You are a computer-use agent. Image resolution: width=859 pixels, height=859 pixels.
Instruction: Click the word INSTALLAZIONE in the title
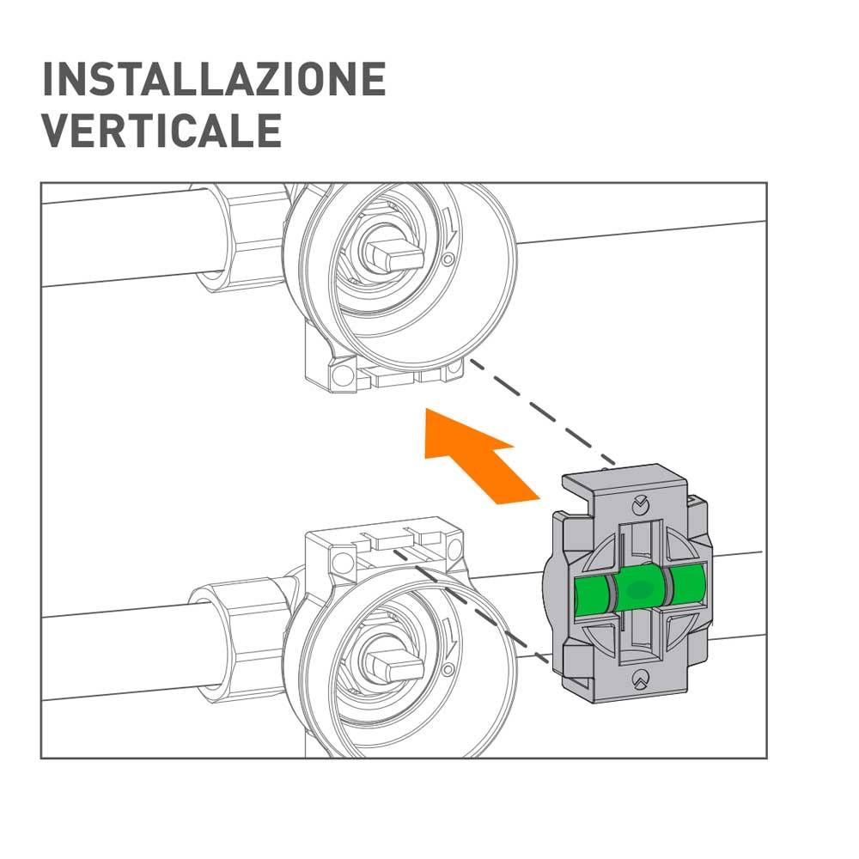point(214,79)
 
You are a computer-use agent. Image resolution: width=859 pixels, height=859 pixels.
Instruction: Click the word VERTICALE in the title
point(162,131)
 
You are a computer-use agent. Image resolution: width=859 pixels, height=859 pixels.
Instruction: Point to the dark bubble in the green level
point(639,589)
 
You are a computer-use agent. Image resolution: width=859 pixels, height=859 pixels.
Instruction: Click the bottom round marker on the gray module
point(640,679)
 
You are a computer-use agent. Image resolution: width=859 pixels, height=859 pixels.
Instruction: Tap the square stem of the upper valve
point(395,255)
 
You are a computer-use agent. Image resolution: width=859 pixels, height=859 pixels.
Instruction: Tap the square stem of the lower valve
point(395,665)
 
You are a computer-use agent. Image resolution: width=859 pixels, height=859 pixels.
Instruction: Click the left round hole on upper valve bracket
point(344,375)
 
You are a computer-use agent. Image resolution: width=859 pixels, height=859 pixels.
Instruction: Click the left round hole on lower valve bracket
point(342,562)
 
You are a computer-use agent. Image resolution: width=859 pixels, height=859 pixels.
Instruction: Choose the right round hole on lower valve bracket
point(454,548)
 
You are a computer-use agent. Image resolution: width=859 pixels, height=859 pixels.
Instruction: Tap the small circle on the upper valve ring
point(448,259)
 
